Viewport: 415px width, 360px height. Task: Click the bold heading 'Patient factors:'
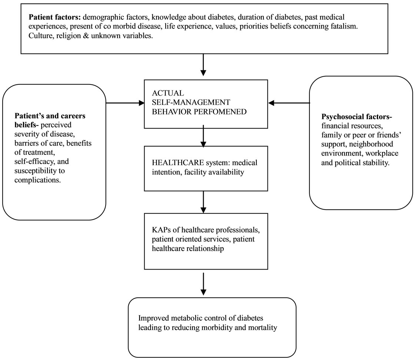54,17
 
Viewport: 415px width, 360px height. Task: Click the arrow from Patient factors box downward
203,65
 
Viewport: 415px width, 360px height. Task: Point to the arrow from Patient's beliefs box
125,103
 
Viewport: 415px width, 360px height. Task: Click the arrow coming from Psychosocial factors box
289,103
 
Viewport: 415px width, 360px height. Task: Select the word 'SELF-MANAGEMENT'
191,102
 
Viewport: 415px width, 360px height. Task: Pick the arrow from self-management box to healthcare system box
203,136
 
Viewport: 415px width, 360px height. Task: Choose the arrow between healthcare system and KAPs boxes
203,202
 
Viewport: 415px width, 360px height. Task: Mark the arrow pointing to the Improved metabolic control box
203,284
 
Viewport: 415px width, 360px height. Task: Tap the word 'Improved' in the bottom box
154,318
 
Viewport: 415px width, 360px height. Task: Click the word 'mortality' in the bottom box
263,327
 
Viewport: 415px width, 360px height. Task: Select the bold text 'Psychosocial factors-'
357,117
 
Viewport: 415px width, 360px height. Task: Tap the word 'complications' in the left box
37,180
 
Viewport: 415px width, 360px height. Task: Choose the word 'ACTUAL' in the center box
168,93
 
